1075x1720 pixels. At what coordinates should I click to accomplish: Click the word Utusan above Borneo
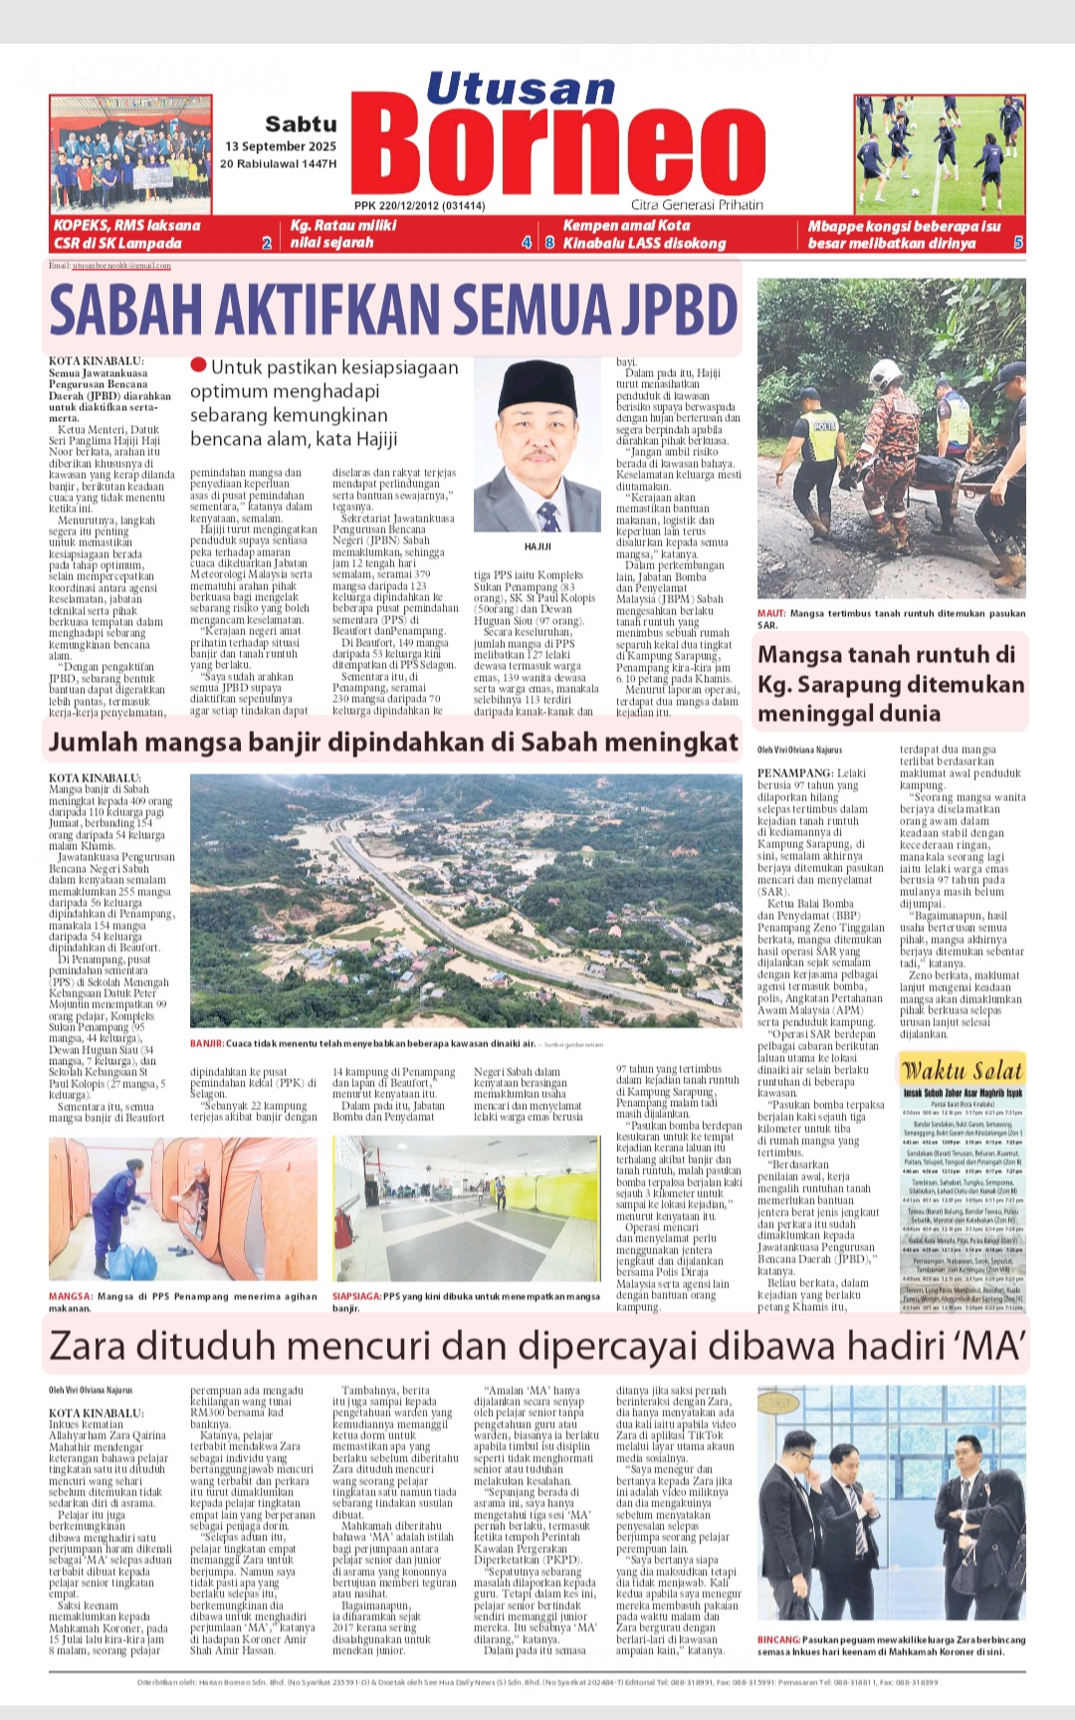point(521,89)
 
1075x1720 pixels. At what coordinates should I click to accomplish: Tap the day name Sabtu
point(301,124)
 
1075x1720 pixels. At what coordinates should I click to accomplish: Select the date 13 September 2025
point(281,146)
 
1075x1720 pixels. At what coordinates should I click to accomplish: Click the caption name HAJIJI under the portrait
point(537,546)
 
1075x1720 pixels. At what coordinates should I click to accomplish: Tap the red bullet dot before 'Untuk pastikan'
point(198,366)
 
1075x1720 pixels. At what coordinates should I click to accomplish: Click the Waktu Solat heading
point(962,1071)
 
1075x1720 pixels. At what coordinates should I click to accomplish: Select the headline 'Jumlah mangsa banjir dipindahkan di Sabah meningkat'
point(393,743)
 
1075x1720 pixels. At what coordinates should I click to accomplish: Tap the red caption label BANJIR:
point(206,1044)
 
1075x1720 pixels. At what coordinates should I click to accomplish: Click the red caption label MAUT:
point(771,614)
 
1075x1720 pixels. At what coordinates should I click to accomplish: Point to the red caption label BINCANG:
point(778,1639)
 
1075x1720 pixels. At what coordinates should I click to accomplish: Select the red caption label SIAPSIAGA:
point(356,1297)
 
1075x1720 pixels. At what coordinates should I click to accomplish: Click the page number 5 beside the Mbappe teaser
point(1018,243)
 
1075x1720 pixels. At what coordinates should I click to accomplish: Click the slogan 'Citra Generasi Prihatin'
point(697,205)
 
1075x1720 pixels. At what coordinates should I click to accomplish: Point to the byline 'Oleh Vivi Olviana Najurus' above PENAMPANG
point(799,750)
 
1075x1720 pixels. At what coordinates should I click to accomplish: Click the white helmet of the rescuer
point(883,372)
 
